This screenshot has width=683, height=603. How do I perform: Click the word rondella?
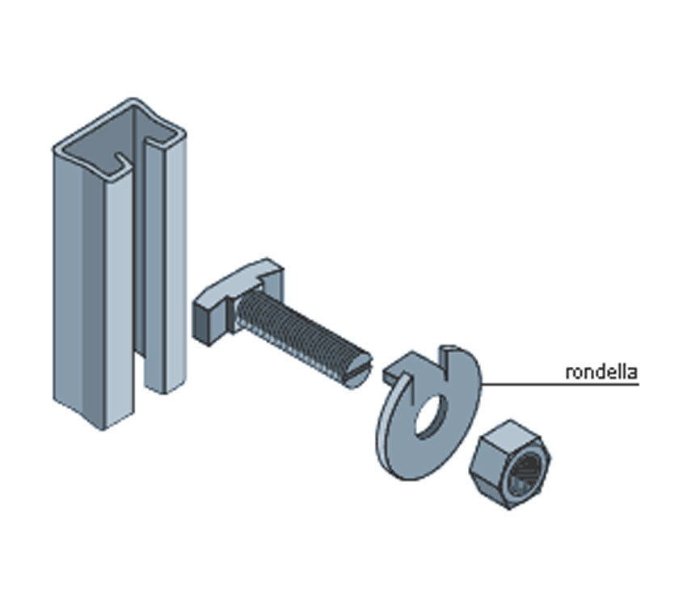pos(601,372)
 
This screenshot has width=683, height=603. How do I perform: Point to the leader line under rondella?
pos(559,384)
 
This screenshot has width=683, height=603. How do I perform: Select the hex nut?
pos(510,464)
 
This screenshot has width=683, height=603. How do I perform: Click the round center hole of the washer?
pos(431,415)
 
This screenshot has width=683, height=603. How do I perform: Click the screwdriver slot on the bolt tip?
pos(360,371)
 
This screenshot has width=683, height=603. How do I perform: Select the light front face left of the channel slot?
pos(119,297)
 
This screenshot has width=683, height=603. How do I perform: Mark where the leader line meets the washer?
pos(481,384)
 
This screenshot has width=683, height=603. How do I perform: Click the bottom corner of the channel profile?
pos(103,430)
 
